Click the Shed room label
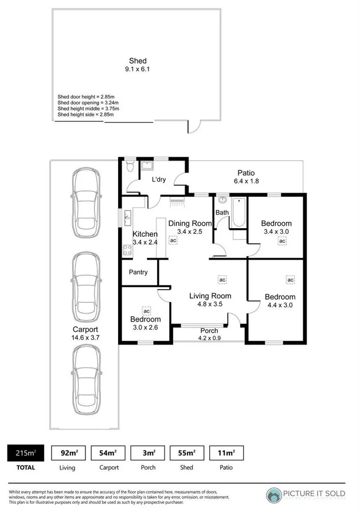138,61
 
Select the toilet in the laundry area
130,166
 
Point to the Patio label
244,173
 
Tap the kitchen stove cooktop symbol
127,249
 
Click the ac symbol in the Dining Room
173,241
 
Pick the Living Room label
210,296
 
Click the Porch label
209,331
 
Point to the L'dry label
159,179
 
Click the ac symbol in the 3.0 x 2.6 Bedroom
146,311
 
